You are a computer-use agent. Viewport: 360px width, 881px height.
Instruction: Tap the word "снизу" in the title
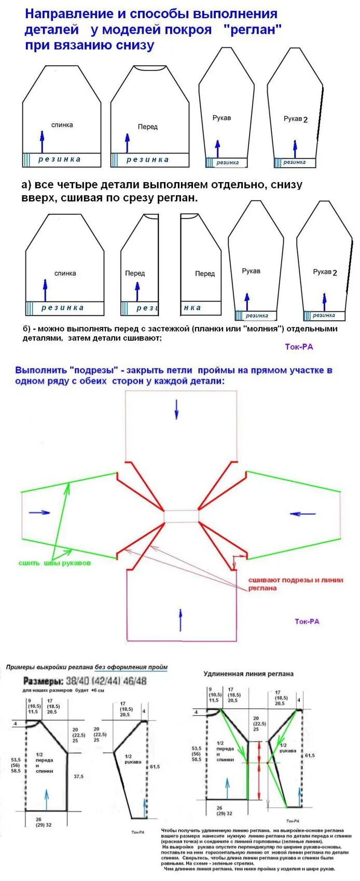point(134,45)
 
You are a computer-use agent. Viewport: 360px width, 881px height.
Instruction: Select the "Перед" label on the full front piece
point(148,127)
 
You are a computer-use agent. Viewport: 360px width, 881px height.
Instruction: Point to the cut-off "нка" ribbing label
point(192,308)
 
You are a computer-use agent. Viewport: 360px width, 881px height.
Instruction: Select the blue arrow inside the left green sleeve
point(39,513)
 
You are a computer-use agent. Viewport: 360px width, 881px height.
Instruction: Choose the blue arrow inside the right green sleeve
point(303,514)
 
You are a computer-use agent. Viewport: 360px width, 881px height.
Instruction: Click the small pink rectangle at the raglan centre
point(181,516)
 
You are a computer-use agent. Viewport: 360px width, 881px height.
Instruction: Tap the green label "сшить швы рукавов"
point(54,563)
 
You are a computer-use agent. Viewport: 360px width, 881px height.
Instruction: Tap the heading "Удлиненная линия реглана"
point(248,673)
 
